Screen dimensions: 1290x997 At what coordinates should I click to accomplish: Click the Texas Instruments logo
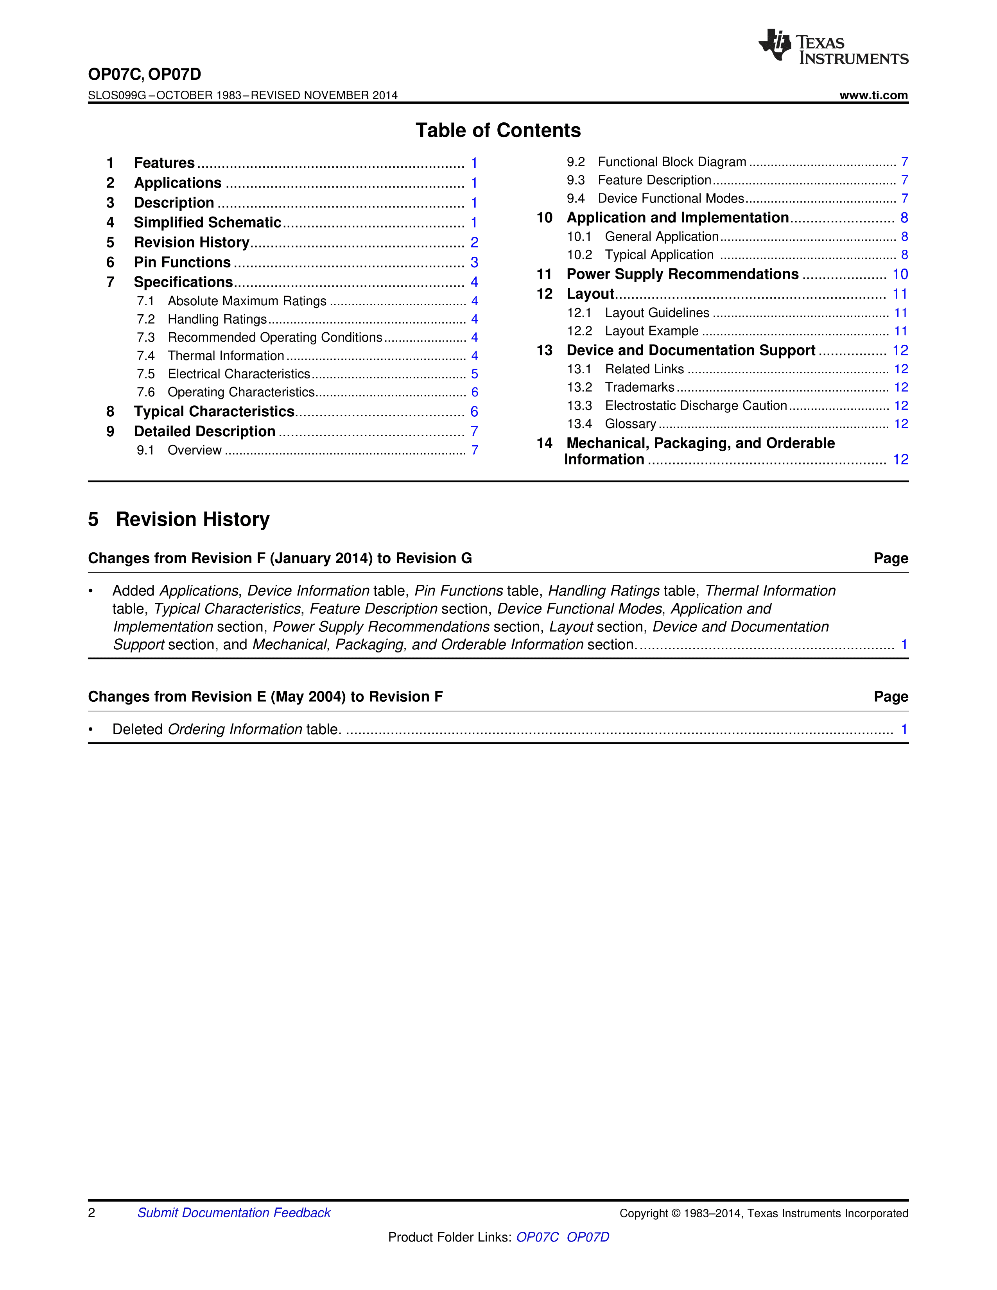[x=833, y=47]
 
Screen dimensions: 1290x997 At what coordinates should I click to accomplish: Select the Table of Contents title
[x=498, y=131]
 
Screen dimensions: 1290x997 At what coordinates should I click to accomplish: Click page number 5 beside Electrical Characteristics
[x=474, y=374]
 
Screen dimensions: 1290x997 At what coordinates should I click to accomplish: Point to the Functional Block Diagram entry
[x=672, y=162]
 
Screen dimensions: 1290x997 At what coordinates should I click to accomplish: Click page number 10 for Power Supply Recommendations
[x=900, y=274]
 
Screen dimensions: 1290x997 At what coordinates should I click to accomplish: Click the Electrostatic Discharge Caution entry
[x=696, y=405]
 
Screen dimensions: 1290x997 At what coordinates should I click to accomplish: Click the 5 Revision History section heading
[x=179, y=519]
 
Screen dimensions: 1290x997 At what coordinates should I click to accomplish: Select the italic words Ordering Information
[x=235, y=729]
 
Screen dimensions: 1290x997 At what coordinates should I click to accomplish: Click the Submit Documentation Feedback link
[x=234, y=1213]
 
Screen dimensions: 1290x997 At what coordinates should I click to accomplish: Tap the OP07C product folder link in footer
[x=537, y=1237]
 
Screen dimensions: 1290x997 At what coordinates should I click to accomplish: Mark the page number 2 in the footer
[x=91, y=1213]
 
